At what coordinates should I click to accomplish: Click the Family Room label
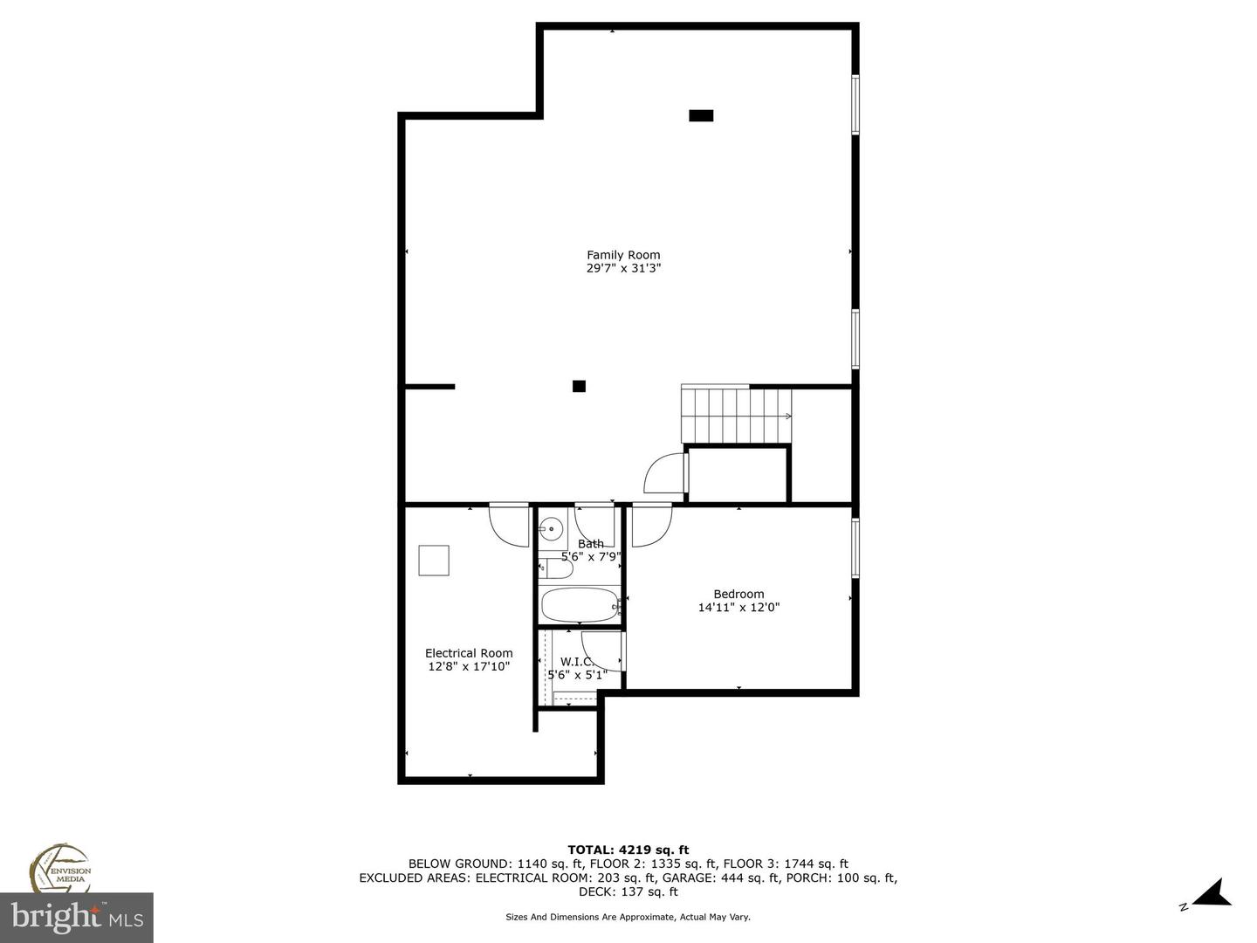pyautogui.click(x=623, y=255)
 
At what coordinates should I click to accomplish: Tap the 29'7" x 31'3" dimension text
pyautogui.click(x=623, y=269)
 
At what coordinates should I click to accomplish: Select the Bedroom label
pyautogui.click(x=738, y=594)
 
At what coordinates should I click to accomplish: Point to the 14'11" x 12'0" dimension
pyautogui.click(x=738, y=608)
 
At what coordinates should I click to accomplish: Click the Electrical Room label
pyautogui.click(x=469, y=653)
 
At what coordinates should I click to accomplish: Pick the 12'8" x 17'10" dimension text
pyautogui.click(x=469, y=666)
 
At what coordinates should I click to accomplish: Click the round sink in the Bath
pyautogui.click(x=552, y=529)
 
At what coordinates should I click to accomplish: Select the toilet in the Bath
pyautogui.click(x=555, y=569)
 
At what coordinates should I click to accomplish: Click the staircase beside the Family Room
pyautogui.click(x=736, y=416)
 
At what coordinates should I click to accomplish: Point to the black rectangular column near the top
pyautogui.click(x=701, y=115)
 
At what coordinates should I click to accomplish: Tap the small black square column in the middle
pyautogui.click(x=579, y=386)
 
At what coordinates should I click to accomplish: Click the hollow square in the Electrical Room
pyautogui.click(x=434, y=561)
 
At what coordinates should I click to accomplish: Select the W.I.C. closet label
pyautogui.click(x=576, y=662)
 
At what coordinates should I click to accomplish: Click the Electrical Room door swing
pyautogui.click(x=509, y=527)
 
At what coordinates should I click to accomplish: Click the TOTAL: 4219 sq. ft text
pyautogui.click(x=628, y=850)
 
